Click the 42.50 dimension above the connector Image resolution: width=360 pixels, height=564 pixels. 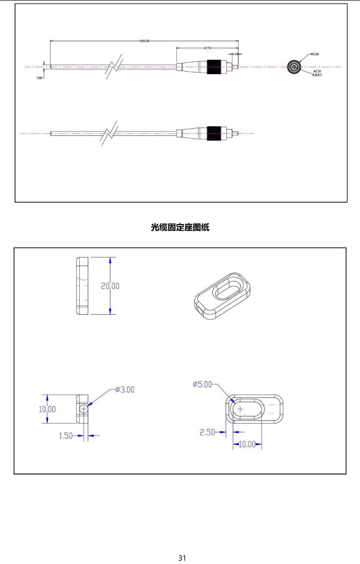207,48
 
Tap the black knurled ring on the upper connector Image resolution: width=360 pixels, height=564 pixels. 214,67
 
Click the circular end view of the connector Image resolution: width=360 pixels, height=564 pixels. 293,67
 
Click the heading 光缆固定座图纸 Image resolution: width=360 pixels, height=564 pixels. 180,228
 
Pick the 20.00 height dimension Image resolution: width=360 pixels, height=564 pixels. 110,286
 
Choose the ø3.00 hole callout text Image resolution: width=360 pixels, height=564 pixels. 125,389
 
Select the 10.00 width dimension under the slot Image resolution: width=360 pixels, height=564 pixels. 247,445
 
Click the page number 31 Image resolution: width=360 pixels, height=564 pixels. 182,557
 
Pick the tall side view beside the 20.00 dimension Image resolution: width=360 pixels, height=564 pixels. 82,286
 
